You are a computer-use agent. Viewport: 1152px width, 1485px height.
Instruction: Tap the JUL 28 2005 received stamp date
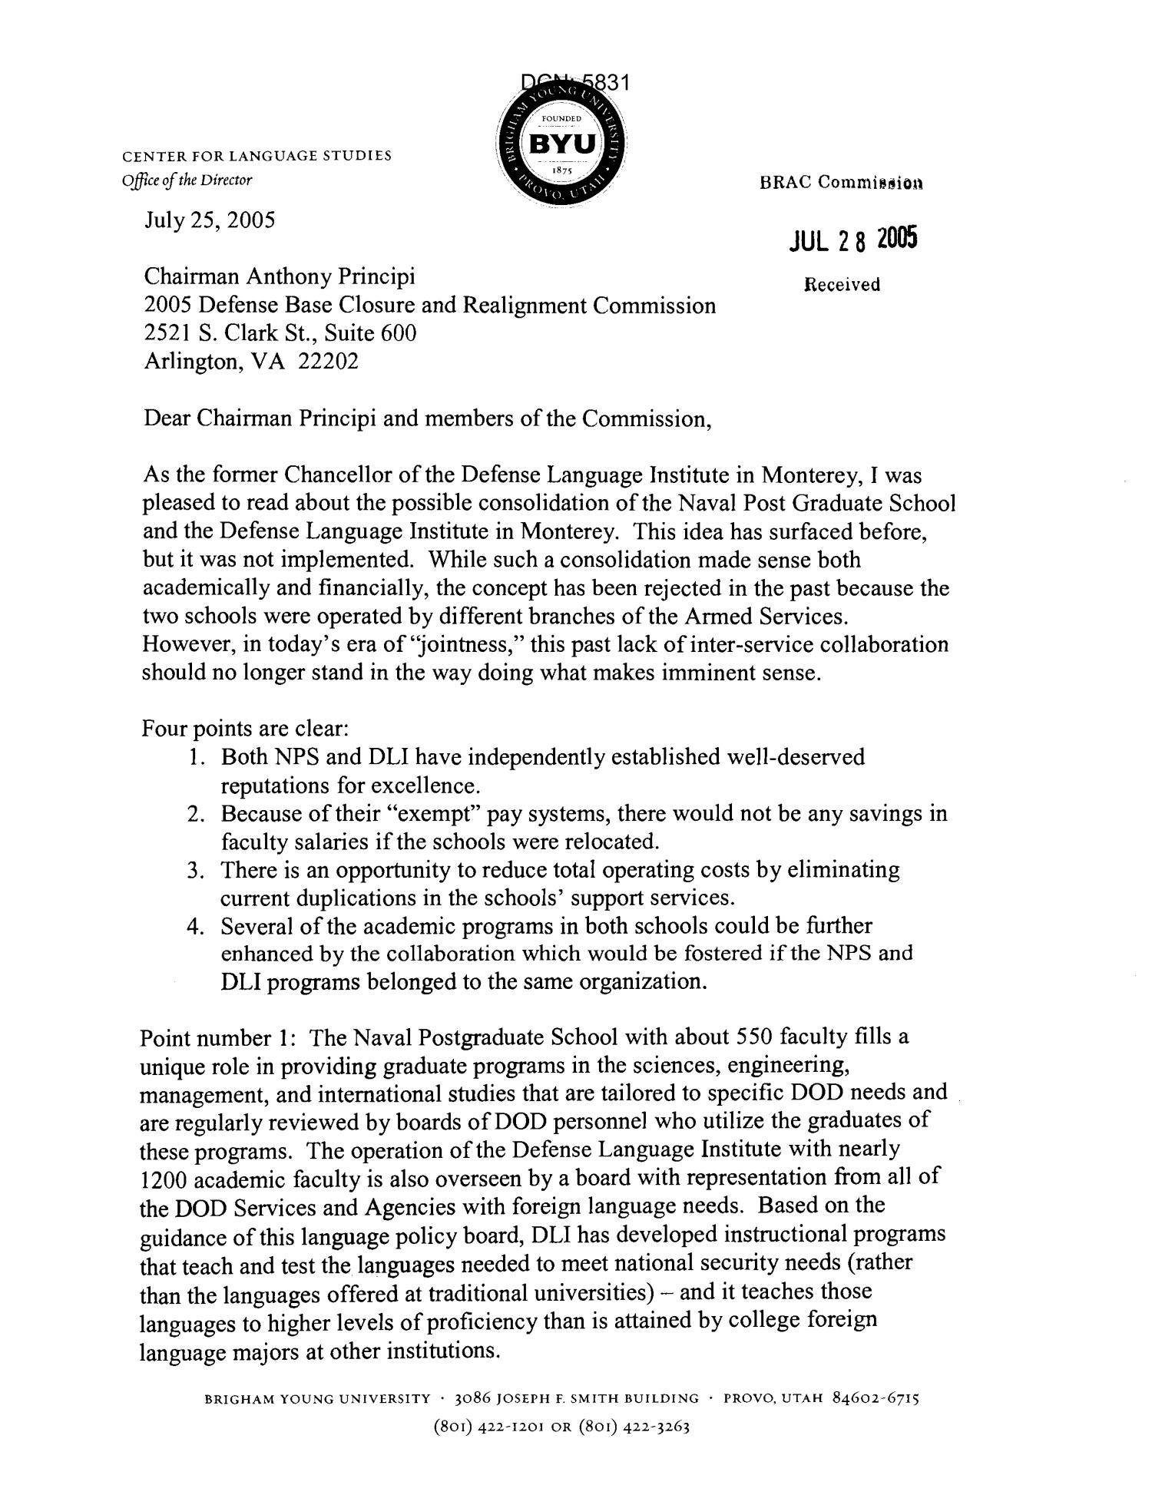(852, 241)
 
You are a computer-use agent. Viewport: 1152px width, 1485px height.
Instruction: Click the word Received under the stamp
(842, 285)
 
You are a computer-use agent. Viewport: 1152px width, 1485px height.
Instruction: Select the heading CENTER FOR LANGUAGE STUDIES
(257, 156)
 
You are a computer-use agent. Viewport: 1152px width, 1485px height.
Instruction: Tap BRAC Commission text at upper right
(842, 182)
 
